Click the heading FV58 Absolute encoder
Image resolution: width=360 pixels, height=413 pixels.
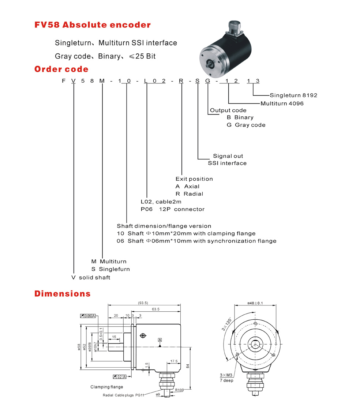coord(92,25)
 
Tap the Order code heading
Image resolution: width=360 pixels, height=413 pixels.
coord(61,69)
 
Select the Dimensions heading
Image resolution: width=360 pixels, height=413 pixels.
coord(62,293)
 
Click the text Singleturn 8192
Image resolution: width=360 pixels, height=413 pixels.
coord(293,95)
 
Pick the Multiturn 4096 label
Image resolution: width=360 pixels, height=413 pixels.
coord(282,104)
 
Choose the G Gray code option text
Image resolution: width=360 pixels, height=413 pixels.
coord(246,125)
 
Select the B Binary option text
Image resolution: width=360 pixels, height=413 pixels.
coord(240,117)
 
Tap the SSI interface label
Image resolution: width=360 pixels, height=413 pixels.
coord(227,163)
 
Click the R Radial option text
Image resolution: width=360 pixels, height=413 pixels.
coord(189,194)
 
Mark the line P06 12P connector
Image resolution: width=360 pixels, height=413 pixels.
coord(172,209)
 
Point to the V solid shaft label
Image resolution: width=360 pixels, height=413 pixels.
coord(91,278)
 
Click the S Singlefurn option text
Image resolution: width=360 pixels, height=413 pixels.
coord(110,269)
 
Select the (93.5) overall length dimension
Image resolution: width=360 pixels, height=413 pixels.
coord(143,303)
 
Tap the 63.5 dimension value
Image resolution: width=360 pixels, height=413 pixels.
coord(156,309)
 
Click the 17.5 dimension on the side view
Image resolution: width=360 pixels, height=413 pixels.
coord(173,361)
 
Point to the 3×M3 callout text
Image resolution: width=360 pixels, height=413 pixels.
coord(226,375)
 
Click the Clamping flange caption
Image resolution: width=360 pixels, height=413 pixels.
coord(106,387)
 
